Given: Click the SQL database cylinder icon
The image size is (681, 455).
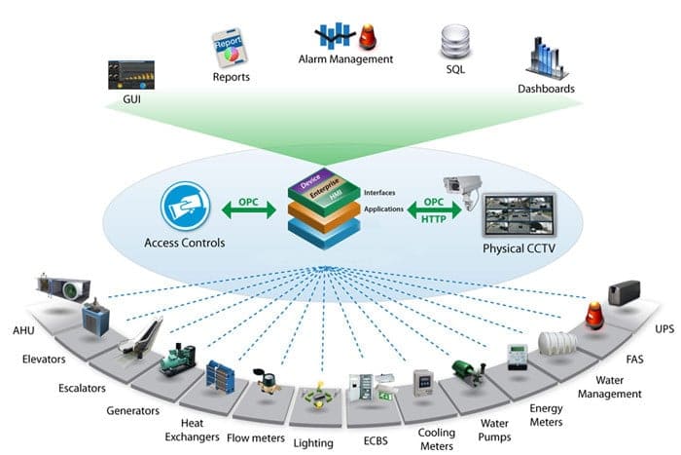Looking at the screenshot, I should coord(451,38).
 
